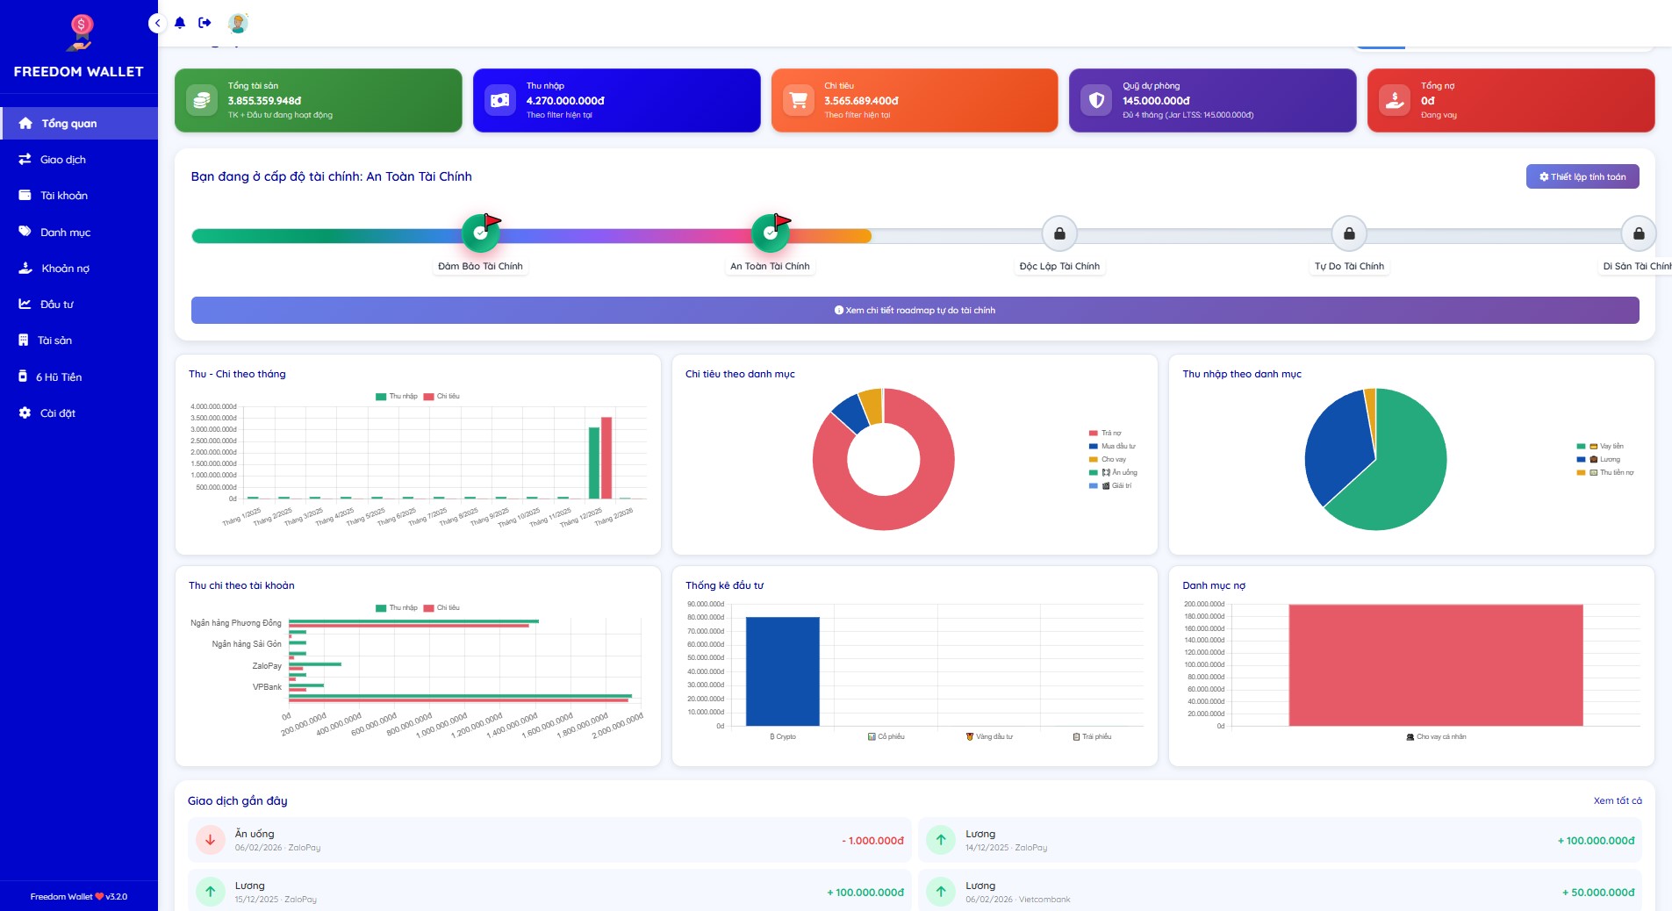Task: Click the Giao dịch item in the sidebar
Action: point(62,160)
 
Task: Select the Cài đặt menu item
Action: point(57,413)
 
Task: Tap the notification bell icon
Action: point(180,23)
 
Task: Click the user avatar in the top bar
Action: point(238,23)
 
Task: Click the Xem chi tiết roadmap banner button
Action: point(915,310)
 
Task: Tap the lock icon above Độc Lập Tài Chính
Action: point(1059,233)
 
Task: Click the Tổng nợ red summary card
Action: point(1511,100)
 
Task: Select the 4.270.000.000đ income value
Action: point(565,101)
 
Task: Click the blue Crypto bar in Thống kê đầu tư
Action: point(782,671)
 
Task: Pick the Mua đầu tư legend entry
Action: point(1117,446)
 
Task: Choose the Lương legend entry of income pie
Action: point(1609,459)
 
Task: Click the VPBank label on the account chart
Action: point(267,687)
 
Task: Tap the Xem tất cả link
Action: point(1617,800)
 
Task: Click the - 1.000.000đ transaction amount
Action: point(872,841)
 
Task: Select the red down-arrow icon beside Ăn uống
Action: point(211,840)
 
